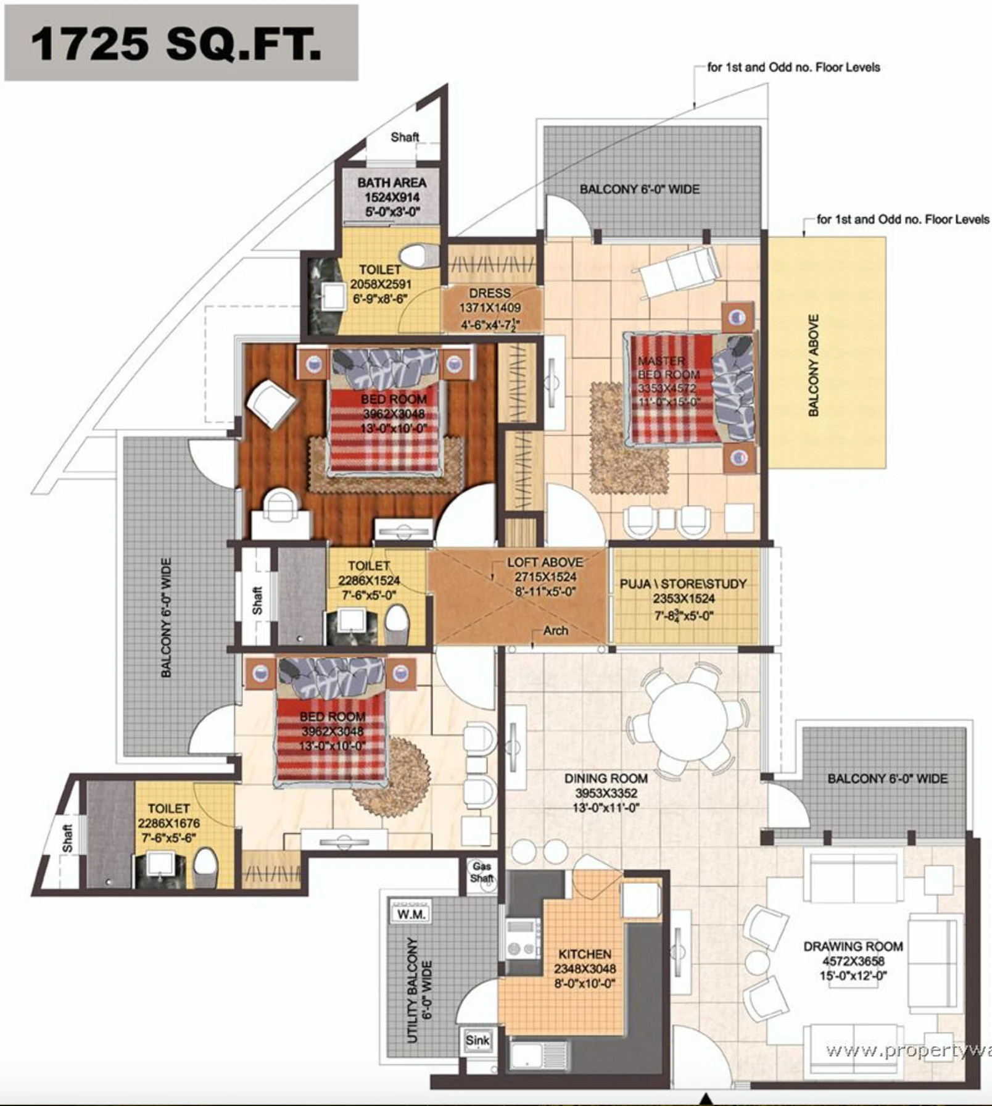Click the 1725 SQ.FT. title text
pos(176,44)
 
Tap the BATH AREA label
pos(392,183)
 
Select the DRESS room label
pos(490,293)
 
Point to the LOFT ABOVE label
pos(545,562)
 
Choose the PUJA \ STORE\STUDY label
pos(683,584)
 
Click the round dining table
pos(688,719)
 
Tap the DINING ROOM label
pos(605,779)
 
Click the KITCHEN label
pos(585,954)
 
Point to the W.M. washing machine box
pos(411,914)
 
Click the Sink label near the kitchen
pos(477,1041)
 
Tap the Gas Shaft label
pos(482,873)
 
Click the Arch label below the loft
pos(555,631)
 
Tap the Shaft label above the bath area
pos(405,137)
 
